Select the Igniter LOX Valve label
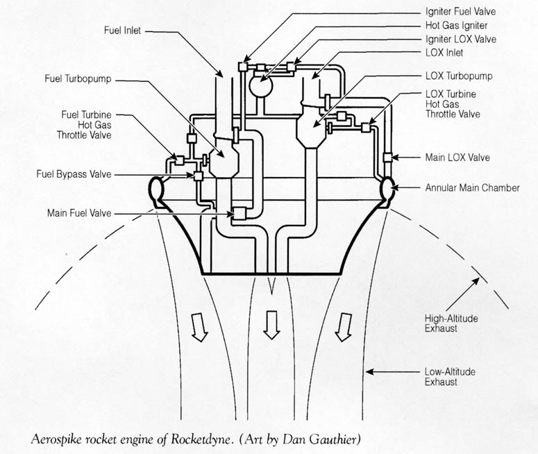[460, 39]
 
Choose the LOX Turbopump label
[459, 75]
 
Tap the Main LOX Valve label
[457, 158]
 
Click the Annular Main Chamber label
[472, 187]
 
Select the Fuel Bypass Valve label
[74, 174]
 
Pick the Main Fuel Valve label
[79, 212]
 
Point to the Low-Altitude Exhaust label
[450, 376]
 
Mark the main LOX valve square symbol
[387, 157]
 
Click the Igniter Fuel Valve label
[460, 11]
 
